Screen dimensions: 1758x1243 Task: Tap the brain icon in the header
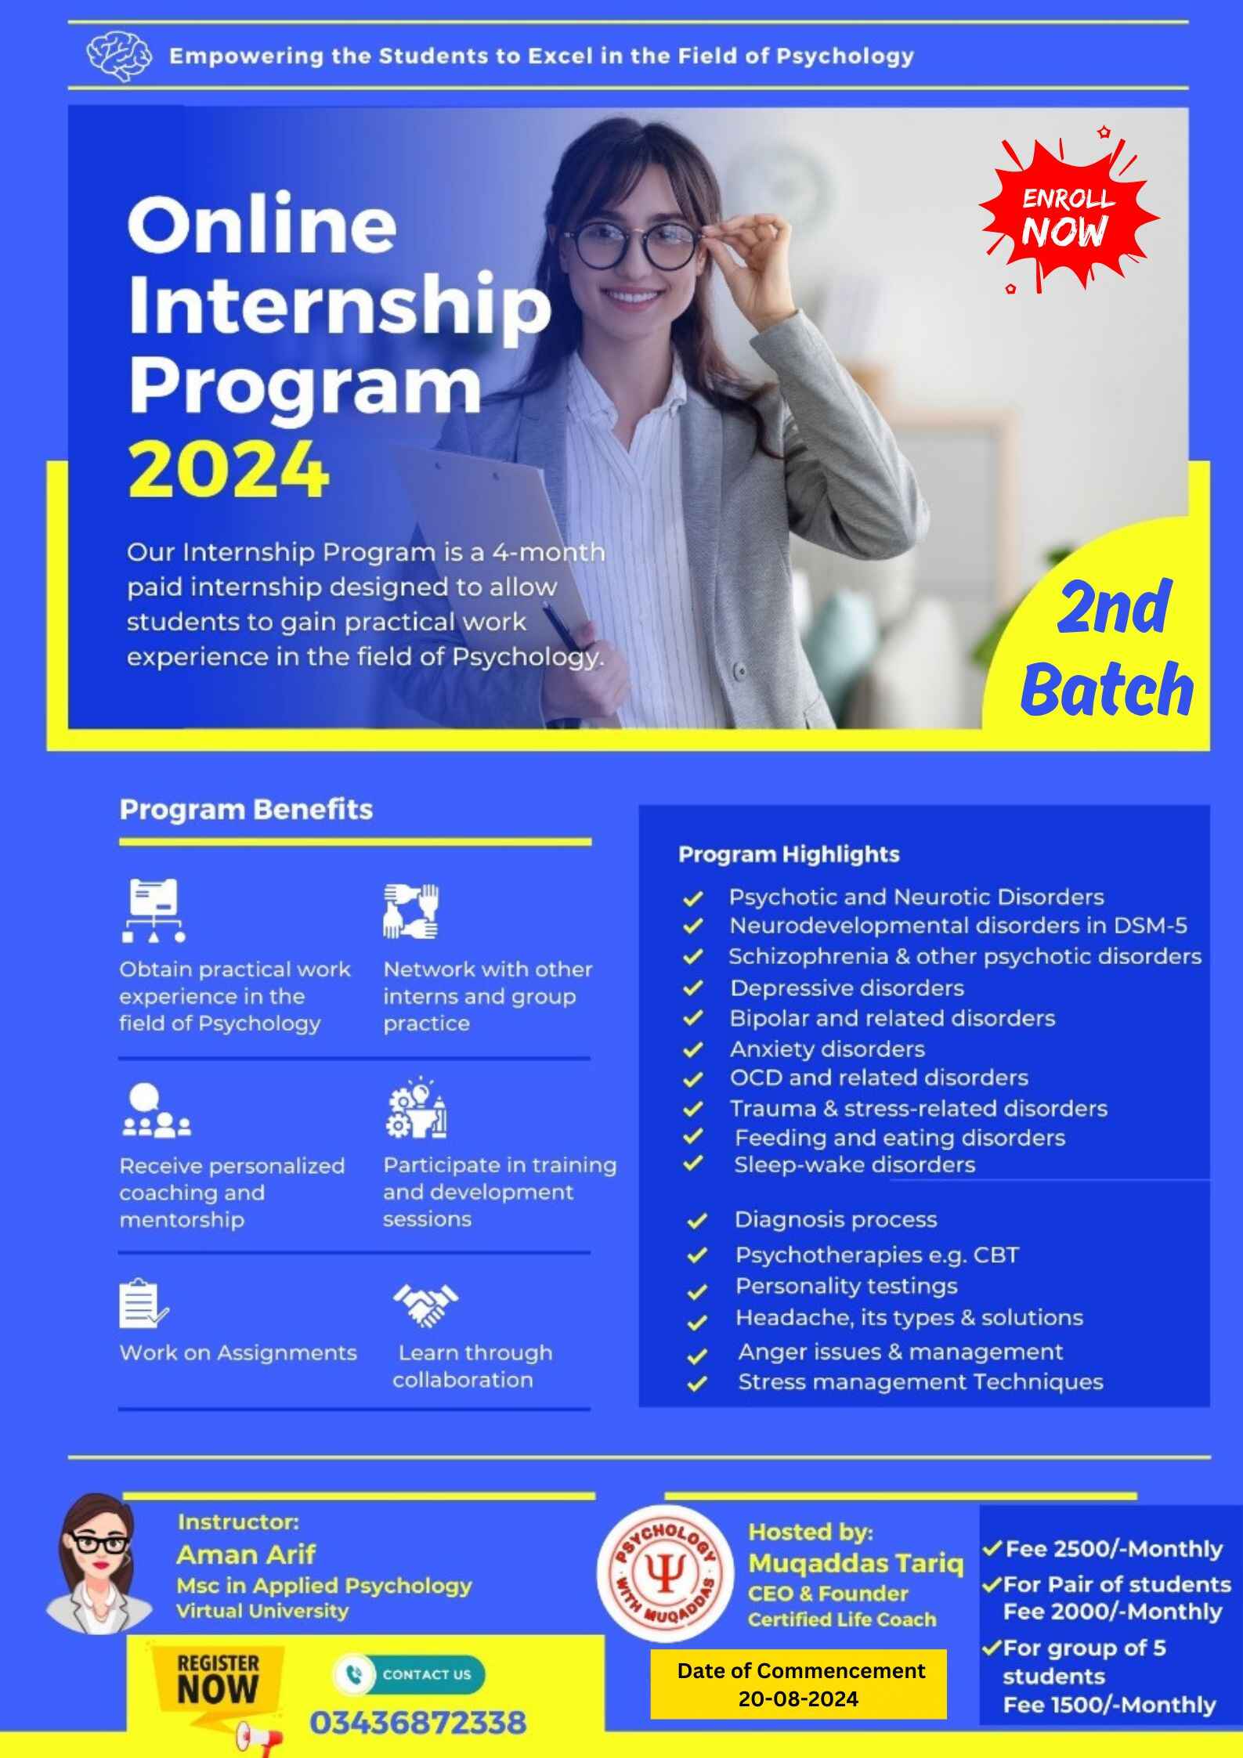(119, 56)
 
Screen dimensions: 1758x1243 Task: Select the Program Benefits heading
(246, 809)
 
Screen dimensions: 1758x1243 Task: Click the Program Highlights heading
(789, 854)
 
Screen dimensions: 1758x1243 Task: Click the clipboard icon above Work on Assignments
(142, 1304)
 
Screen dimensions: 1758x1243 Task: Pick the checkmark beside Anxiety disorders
(692, 1049)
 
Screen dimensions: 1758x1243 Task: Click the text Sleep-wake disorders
(854, 1164)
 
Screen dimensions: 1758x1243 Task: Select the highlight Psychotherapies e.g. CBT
(876, 1254)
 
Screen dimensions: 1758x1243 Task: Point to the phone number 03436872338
(417, 1722)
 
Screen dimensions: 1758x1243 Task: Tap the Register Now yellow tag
(217, 1680)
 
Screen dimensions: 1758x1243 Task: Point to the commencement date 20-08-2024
(798, 1698)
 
